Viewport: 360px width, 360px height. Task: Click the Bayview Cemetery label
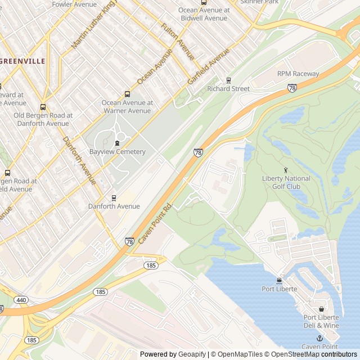(117, 152)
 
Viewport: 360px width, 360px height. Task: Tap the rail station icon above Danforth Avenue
(114, 198)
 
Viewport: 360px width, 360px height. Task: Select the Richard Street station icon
(228, 80)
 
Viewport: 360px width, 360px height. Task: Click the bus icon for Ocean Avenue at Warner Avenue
(127, 94)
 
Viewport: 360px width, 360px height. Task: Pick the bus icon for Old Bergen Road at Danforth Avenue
(43, 107)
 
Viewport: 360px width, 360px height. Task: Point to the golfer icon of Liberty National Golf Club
(286, 170)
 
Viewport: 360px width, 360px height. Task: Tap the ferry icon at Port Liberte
(279, 281)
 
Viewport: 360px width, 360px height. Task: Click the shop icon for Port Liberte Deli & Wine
(321, 309)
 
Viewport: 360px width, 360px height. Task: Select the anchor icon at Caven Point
(319, 338)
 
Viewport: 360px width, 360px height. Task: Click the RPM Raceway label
(298, 74)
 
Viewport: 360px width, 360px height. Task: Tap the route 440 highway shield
(21, 300)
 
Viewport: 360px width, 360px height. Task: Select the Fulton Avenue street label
(178, 42)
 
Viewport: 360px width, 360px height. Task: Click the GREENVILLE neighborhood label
(22, 61)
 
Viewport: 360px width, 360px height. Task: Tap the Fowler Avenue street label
(74, 4)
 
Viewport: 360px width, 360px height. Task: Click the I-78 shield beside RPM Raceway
(292, 88)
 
